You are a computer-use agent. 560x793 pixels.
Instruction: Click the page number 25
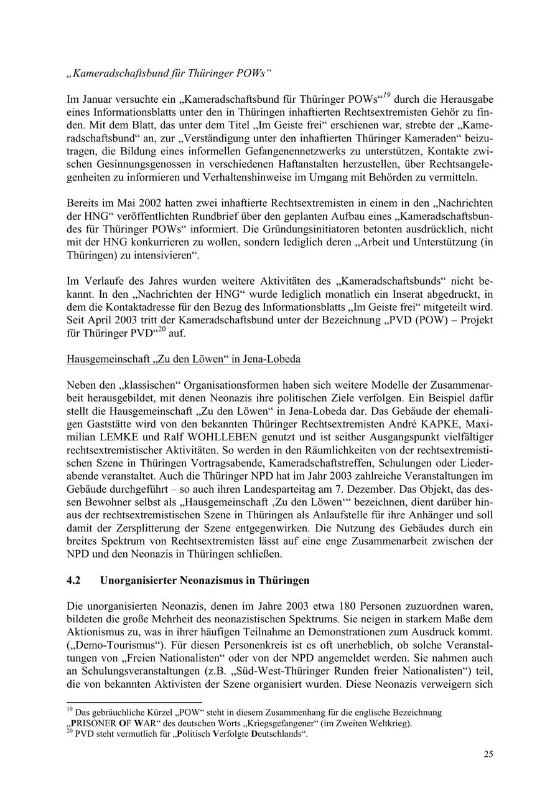click(x=488, y=754)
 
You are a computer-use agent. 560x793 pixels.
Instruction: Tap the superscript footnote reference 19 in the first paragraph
click(x=386, y=95)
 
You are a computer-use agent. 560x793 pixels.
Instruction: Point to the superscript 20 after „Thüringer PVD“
click(x=161, y=330)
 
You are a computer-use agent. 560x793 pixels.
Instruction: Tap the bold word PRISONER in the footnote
click(x=94, y=724)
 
